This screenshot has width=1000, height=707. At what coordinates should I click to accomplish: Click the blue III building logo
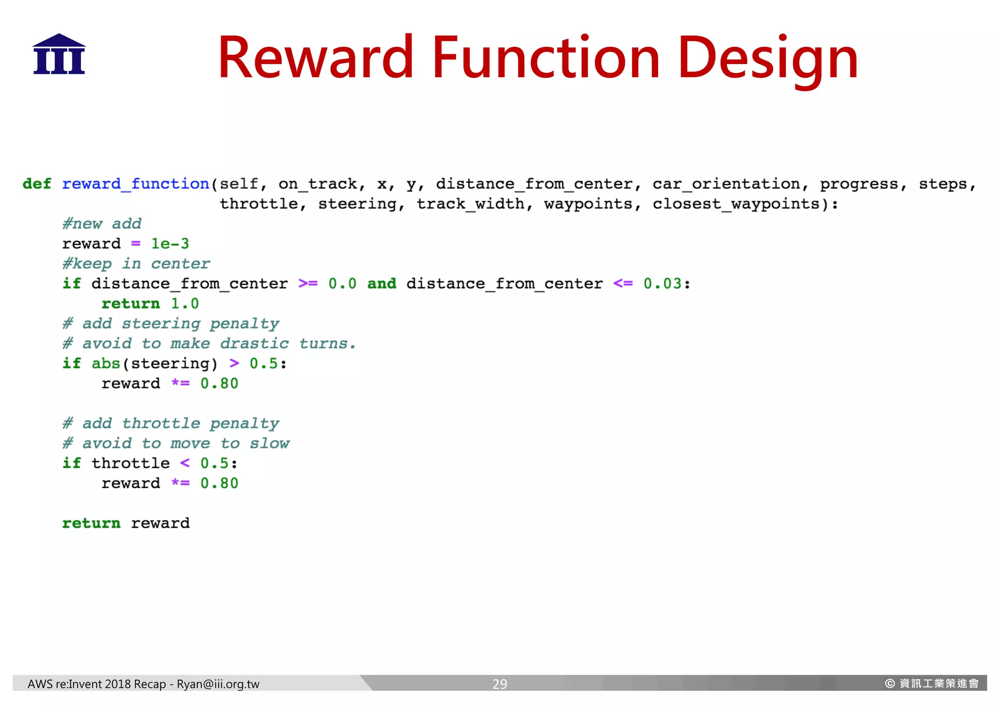coord(59,54)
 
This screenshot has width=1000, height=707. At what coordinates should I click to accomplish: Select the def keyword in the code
coord(37,184)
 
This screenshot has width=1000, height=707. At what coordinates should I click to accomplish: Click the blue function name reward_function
coord(136,184)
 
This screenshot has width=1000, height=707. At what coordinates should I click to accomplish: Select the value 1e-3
coord(170,244)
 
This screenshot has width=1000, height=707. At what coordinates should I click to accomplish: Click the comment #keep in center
coord(136,264)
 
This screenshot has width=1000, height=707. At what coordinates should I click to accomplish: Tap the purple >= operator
coord(308,284)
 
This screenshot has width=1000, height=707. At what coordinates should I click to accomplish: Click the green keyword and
coord(382,284)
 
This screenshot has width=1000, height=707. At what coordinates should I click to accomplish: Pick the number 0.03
coord(662,284)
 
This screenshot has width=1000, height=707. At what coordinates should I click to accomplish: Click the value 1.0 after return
coord(185,304)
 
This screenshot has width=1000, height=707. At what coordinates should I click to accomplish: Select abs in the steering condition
coord(106,364)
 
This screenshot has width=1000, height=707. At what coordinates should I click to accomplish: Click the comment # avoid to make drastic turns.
coord(209,344)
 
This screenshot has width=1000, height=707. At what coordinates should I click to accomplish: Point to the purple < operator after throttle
coord(185,463)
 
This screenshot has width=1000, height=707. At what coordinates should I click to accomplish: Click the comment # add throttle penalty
coord(171,424)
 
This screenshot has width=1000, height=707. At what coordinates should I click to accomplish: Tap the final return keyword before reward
coord(91,523)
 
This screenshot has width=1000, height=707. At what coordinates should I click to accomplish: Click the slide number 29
coord(500,684)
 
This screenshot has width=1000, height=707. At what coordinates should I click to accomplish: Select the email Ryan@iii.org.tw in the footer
coord(218,684)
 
